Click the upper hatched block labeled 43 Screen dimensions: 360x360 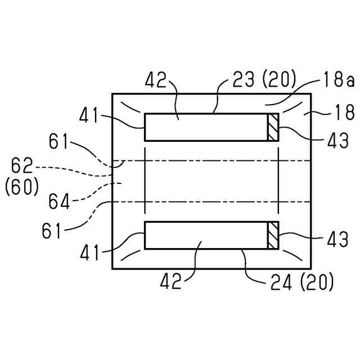pos(273,127)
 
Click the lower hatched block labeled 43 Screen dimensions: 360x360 pos(273,235)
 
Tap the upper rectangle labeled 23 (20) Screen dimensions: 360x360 pos(206,127)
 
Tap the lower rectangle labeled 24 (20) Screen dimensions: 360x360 pos(206,235)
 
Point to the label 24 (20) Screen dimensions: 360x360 pos(301,282)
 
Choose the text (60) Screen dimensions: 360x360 pos(22,187)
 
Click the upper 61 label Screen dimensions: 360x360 pos(60,143)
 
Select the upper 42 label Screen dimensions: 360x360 pos(157,80)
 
